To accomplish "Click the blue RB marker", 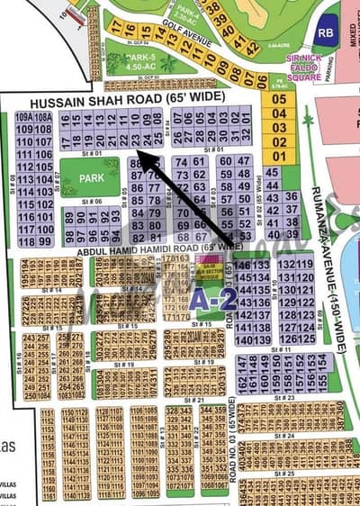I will point(325,32).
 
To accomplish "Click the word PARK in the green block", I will point(91,178).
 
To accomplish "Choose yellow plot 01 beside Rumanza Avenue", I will point(279,157).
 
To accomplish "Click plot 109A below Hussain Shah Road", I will point(24,117).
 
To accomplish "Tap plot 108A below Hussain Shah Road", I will point(42,117).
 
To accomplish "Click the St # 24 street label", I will point(286,435).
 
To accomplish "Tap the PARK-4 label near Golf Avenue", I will point(186,13).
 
